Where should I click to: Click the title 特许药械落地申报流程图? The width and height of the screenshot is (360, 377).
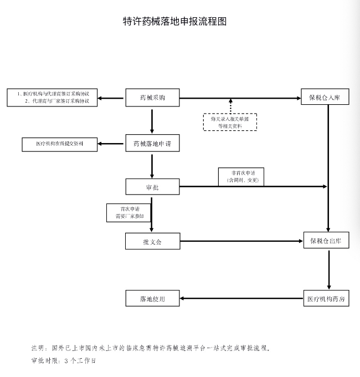pyautogui.click(x=174, y=22)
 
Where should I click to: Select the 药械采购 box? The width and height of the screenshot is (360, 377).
pyautogui.click(x=152, y=98)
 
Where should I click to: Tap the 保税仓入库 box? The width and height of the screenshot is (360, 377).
pyautogui.click(x=325, y=96)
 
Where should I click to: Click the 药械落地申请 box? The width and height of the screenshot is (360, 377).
pyautogui.click(x=152, y=143)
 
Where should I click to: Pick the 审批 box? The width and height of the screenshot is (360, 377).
pyautogui.click(x=152, y=187)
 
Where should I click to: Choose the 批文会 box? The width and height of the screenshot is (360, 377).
pyautogui.click(x=153, y=241)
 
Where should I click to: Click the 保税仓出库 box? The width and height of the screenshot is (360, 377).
pyautogui.click(x=326, y=240)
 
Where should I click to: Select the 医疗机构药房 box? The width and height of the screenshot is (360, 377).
pyautogui.click(x=326, y=298)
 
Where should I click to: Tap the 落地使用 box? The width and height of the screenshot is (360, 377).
pyautogui.click(x=152, y=298)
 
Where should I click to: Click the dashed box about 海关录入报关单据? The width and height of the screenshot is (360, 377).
pyautogui.click(x=230, y=122)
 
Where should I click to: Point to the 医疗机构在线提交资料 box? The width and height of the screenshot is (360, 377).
pyautogui.click(x=60, y=145)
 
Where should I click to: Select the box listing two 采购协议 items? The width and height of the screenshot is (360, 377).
pyautogui.click(x=52, y=98)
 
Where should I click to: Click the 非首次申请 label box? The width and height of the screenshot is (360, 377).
pyautogui.click(x=241, y=177)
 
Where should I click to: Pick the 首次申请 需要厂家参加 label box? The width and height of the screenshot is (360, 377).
pyautogui.click(x=128, y=213)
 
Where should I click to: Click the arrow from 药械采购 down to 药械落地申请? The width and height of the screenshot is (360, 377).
pyautogui.click(x=152, y=121)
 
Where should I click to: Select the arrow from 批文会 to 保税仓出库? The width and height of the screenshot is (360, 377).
pyautogui.click(x=241, y=241)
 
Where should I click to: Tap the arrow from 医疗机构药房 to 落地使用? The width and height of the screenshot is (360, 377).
pyautogui.click(x=241, y=298)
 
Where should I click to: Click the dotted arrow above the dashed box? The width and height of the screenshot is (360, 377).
pyautogui.click(x=230, y=106)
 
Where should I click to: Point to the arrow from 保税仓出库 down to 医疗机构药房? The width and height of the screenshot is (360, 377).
pyautogui.click(x=329, y=270)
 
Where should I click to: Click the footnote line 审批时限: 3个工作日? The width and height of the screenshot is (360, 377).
pyautogui.click(x=63, y=361)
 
